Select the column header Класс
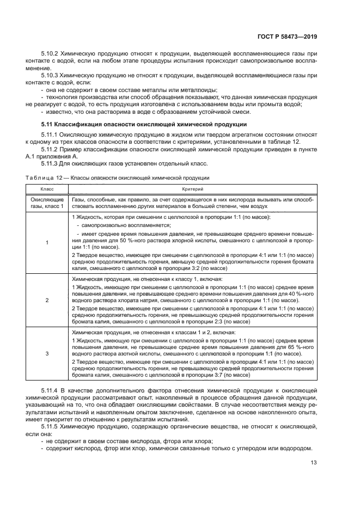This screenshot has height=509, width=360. coord(47,188)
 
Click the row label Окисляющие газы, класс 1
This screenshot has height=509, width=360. coord(47,204)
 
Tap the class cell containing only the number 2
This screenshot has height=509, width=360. coord(47,300)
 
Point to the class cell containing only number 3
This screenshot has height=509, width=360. coord(47,353)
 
